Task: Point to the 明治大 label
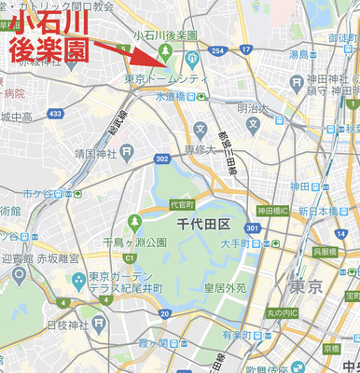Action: [x=253, y=107]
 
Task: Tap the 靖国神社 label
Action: [x=97, y=152]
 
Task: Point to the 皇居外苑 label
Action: [x=228, y=288]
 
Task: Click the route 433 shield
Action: [x=56, y=114]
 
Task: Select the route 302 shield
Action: [x=162, y=159]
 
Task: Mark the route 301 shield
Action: [x=252, y=228]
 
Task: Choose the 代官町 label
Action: [x=181, y=204]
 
